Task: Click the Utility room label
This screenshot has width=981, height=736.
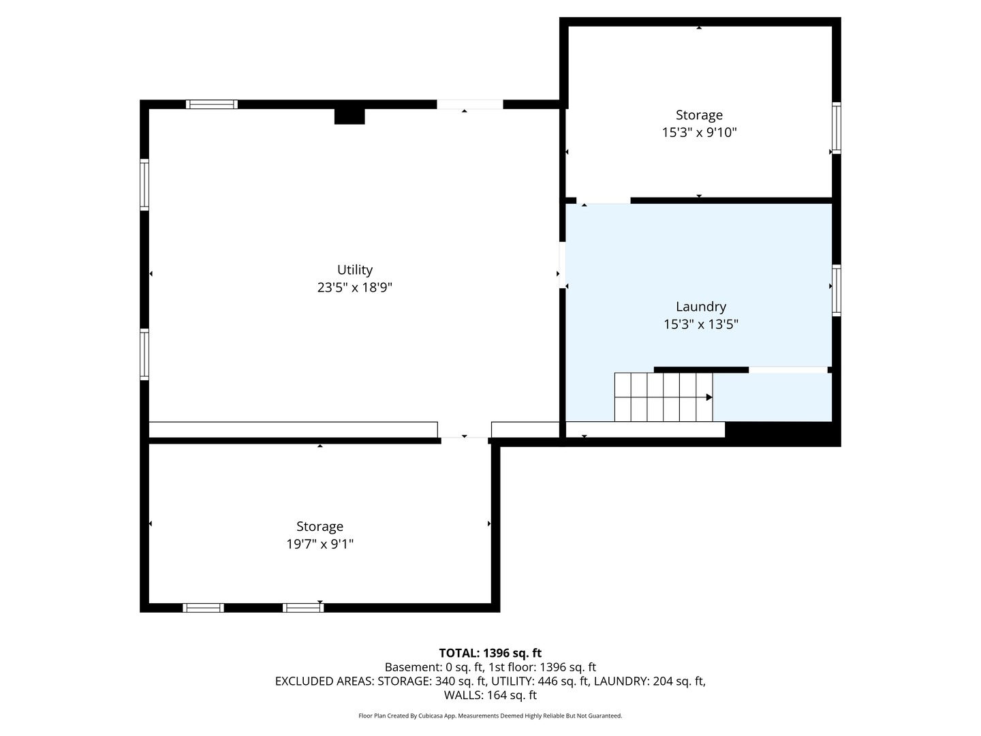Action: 354,270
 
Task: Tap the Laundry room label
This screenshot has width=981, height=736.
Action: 700,307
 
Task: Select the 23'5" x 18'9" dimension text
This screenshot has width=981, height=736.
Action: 354,288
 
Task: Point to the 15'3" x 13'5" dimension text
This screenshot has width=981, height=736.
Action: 700,324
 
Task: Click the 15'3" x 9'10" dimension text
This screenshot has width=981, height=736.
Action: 699,133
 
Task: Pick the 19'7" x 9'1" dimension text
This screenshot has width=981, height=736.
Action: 320,544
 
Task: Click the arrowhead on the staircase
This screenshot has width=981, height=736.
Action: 708,397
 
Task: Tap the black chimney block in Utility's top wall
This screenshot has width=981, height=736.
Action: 349,116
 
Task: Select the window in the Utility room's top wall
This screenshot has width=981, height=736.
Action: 211,104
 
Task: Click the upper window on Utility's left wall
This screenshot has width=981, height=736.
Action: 144,185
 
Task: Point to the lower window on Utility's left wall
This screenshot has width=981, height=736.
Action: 144,354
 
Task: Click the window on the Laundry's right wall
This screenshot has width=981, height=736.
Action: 836,290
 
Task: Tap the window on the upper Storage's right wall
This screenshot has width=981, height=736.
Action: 836,128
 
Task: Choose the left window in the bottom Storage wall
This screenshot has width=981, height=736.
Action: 203,608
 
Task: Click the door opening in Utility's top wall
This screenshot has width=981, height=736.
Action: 469,104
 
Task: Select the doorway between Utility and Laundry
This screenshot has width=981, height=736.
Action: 562,265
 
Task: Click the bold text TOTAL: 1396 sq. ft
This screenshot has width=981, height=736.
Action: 490,653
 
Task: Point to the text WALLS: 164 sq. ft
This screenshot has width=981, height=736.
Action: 490,695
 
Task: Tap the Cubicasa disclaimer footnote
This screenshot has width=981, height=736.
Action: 490,716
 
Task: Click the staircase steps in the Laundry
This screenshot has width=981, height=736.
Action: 664,397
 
